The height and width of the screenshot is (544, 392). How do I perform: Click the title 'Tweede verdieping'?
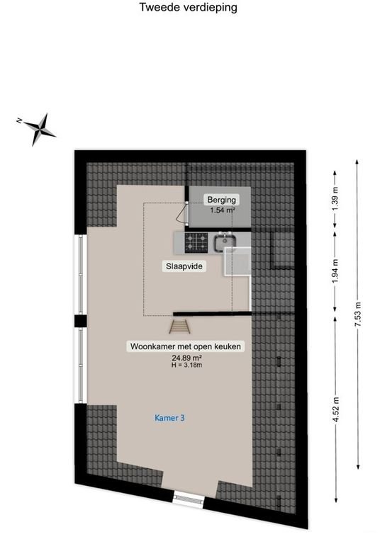[x=189, y=8]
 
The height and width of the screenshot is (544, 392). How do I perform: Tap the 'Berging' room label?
[x=220, y=200]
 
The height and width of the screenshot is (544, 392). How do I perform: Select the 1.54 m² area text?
[x=222, y=210]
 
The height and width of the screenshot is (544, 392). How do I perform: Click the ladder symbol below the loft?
[x=179, y=327]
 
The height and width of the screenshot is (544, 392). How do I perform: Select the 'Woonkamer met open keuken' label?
[x=186, y=347]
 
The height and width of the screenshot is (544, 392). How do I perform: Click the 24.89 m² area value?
[x=186, y=358]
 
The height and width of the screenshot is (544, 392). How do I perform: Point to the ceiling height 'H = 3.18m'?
[x=186, y=365]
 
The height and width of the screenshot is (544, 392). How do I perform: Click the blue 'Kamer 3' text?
[x=170, y=418]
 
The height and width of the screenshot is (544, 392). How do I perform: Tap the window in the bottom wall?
[x=189, y=499]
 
